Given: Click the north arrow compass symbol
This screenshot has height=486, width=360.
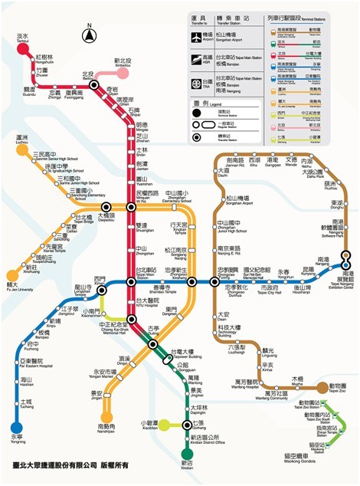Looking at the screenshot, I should tap(90, 34).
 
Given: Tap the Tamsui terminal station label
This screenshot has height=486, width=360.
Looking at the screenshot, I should tap(22, 38).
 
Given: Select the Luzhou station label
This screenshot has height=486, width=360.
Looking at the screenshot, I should tap(22, 141).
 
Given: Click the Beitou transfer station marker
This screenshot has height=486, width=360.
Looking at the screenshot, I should tap(93, 86).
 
